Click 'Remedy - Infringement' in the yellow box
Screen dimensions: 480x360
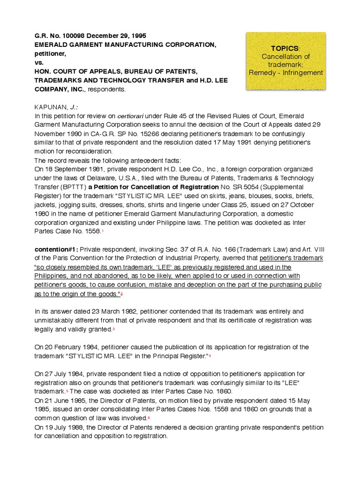point(286,73)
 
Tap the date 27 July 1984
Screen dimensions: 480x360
point(66,374)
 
